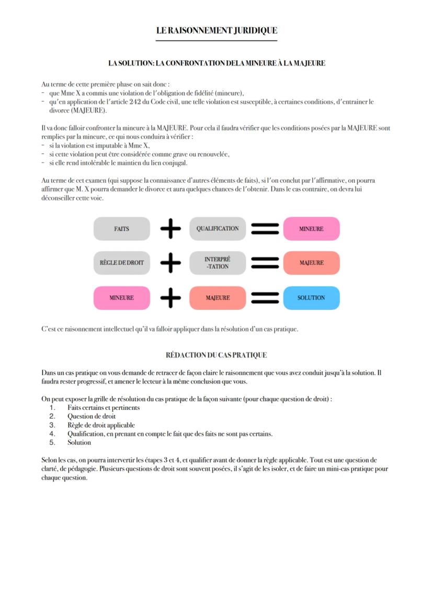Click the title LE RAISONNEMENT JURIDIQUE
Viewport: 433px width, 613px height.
(216, 30)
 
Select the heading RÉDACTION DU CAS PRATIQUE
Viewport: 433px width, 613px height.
(216, 355)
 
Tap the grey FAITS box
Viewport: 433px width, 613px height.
(121, 229)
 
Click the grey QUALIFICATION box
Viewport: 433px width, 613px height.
(218, 229)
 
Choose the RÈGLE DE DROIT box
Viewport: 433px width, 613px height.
(121, 263)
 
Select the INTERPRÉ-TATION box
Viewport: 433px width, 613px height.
(218, 263)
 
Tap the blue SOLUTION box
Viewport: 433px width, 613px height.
(311, 298)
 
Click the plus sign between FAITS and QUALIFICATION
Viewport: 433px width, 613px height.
(170, 229)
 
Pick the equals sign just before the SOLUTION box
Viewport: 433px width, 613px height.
(265, 298)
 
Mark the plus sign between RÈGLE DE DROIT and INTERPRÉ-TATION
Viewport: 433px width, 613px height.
(170, 263)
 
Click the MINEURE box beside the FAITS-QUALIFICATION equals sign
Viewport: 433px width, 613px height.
(311, 229)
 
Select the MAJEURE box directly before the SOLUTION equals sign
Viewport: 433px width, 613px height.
(218, 298)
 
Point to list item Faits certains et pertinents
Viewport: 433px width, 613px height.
(104, 408)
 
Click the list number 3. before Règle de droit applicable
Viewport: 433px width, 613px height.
(52, 425)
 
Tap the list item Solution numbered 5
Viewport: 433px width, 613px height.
(79, 442)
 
